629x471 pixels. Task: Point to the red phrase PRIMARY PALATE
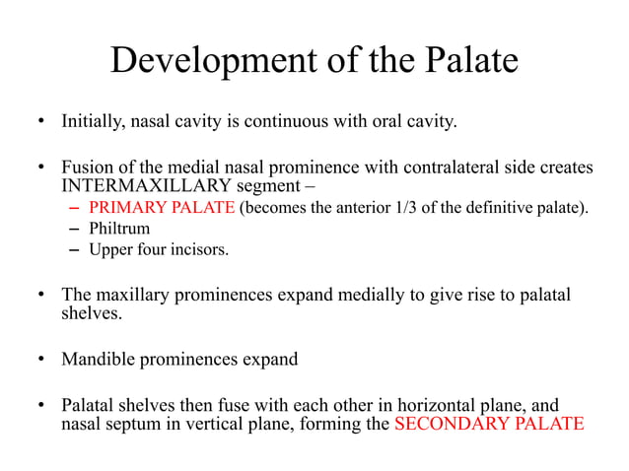162,207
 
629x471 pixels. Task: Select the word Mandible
100,359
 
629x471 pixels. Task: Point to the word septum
131,425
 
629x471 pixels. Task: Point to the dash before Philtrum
76,228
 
